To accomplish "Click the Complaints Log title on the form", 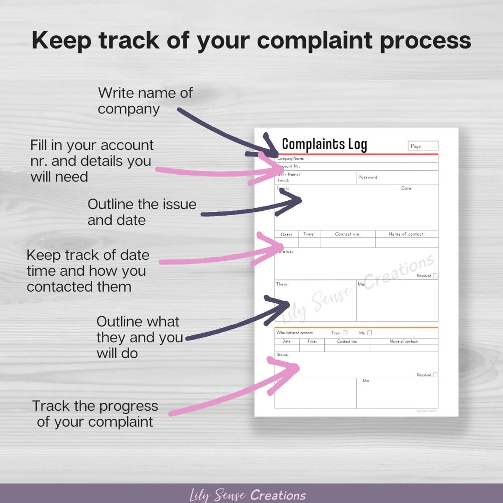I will [x=324, y=144].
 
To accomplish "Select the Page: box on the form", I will [x=423, y=146].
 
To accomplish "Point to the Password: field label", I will [x=368, y=177].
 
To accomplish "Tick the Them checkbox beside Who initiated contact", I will [x=345, y=333].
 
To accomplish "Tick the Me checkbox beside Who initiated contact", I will [x=370, y=333].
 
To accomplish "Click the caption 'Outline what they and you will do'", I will [x=139, y=337].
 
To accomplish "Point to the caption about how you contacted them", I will [x=87, y=271].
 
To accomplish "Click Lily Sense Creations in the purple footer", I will [x=248, y=495].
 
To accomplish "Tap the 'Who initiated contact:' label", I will [x=295, y=333].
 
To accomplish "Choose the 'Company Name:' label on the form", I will [x=291, y=158].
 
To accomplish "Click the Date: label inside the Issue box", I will [x=406, y=188].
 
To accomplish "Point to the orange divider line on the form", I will [x=357, y=327].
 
